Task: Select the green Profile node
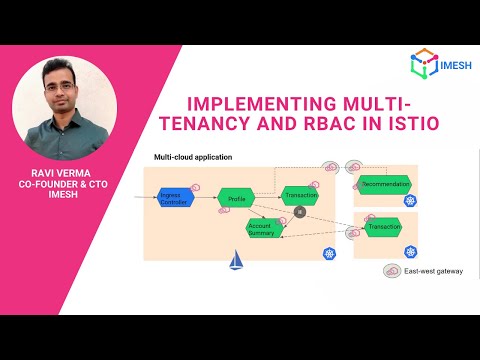click(237, 199)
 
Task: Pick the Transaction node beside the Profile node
click(300, 195)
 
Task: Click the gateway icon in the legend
click(393, 271)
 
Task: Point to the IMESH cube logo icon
click(422, 62)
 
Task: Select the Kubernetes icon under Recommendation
click(409, 201)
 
